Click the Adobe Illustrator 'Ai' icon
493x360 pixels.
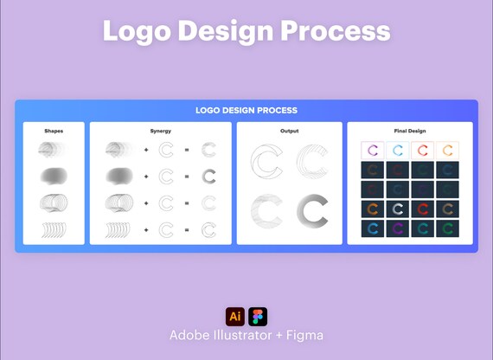tap(235, 317)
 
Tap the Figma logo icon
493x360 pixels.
tap(258, 317)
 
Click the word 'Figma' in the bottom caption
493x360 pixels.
tap(304, 336)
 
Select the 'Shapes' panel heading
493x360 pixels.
tap(54, 131)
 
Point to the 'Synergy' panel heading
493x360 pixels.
tap(160, 131)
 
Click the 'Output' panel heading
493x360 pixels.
tap(289, 131)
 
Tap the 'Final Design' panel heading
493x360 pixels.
tap(410, 131)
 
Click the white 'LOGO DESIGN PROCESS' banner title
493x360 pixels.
tap(246, 111)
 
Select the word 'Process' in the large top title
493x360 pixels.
tap(336, 30)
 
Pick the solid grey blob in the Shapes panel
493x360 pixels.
tap(54, 176)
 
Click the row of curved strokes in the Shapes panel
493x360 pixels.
tap(54, 230)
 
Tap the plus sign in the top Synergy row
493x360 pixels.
tap(146, 150)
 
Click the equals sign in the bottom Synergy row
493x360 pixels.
tap(187, 230)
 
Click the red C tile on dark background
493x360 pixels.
tap(423, 209)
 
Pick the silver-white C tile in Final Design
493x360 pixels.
tap(397, 209)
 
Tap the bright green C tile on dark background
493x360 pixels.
tap(447, 228)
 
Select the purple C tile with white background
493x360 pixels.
tap(372, 151)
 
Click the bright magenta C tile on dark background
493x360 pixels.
tap(397, 228)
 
